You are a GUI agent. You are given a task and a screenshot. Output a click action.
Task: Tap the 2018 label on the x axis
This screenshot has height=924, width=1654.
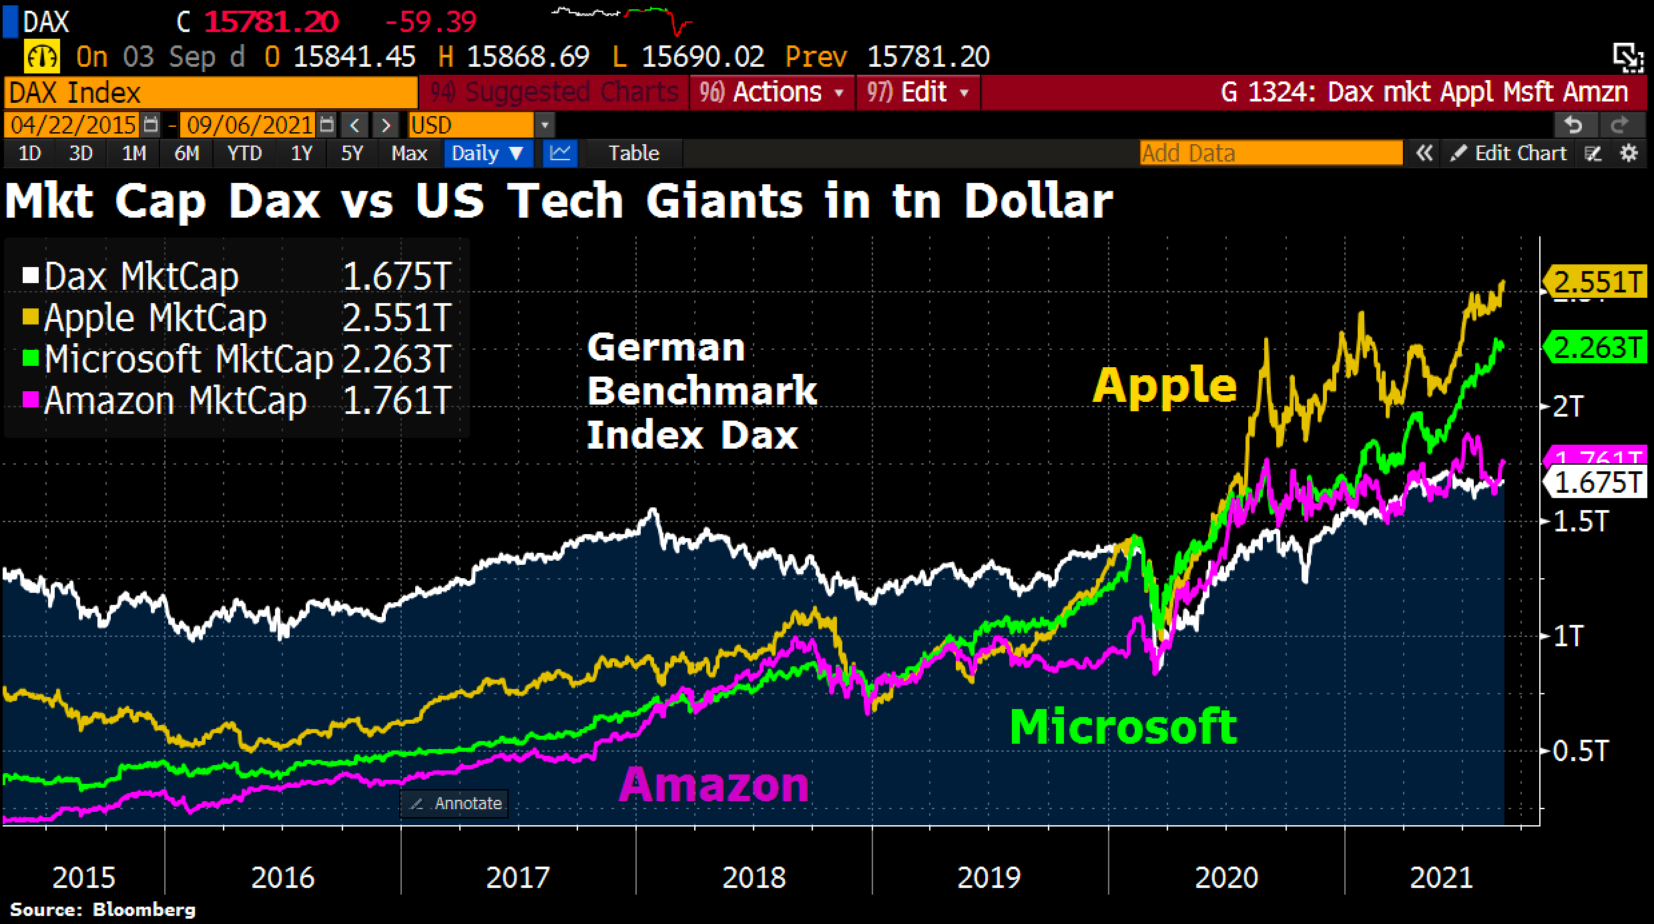click(x=754, y=877)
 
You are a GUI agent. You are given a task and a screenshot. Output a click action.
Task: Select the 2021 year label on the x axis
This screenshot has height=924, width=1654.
click(x=1441, y=877)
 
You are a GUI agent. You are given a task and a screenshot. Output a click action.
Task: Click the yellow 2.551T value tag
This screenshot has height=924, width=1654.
click(x=1597, y=282)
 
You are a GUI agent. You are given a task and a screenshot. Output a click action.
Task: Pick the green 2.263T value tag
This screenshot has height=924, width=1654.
click(x=1597, y=348)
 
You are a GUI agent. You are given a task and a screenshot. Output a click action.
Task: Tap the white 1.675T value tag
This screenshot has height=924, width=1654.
click(x=1597, y=483)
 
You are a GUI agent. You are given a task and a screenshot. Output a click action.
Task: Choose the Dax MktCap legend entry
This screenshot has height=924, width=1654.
click(x=141, y=276)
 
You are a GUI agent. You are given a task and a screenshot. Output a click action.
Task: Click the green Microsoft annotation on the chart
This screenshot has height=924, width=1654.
click(x=1123, y=726)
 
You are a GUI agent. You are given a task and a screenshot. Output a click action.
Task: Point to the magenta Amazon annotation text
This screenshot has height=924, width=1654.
click(x=714, y=784)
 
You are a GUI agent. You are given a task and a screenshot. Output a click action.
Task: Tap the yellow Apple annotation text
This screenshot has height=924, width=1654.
click(x=1164, y=385)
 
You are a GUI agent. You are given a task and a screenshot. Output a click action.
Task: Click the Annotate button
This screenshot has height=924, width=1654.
click(x=455, y=803)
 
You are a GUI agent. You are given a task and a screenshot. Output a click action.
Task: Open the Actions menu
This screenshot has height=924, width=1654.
click(x=772, y=92)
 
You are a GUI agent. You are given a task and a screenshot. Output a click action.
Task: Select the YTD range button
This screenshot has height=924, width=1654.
click(x=244, y=154)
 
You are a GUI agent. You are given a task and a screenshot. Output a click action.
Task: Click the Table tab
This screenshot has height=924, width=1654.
click(x=633, y=154)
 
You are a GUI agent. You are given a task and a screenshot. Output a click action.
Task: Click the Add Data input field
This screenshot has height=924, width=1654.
click(x=1270, y=154)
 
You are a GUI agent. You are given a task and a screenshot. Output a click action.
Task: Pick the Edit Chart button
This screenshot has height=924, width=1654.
click(x=1508, y=154)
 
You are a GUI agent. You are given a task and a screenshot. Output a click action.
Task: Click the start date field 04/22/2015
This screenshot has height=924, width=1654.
click(x=73, y=125)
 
